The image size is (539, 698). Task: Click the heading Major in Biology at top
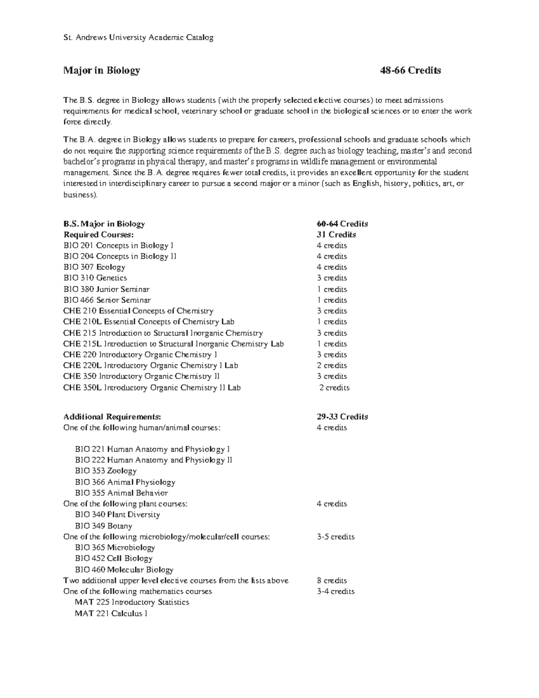tap(102, 71)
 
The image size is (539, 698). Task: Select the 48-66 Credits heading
tap(410, 71)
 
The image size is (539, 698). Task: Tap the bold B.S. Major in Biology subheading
tap(104, 224)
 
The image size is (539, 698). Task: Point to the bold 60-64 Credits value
tap(342, 224)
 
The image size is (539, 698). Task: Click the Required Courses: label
tap(98, 235)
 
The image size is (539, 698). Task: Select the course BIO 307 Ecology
tap(94, 267)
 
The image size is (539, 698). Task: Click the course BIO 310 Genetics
tap(95, 278)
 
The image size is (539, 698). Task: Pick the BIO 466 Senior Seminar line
tap(107, 300)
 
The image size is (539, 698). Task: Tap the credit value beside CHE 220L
tap(331, 366)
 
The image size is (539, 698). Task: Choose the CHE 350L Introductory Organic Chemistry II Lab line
tap(152, 388)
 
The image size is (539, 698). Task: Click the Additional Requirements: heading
tap(112, 417)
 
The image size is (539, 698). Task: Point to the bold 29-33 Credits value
tap(342, 417)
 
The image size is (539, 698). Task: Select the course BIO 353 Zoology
tap(106, 471)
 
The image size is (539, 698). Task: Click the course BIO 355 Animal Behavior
tap(121, 493)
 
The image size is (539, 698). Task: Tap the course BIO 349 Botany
tap(103, 526)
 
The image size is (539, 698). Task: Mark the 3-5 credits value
tap(336, 537)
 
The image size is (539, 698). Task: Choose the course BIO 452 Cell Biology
tap(114, 559)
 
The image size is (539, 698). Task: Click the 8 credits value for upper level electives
tap(331, 581)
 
